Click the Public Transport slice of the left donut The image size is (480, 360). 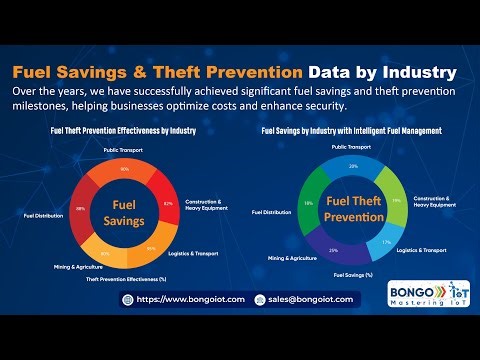124,169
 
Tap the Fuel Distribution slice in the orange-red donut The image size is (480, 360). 81,209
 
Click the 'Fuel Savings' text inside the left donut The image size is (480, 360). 124,211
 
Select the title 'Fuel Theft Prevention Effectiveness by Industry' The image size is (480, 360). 124,131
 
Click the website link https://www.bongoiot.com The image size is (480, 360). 184,299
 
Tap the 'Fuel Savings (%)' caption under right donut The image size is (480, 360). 352,275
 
